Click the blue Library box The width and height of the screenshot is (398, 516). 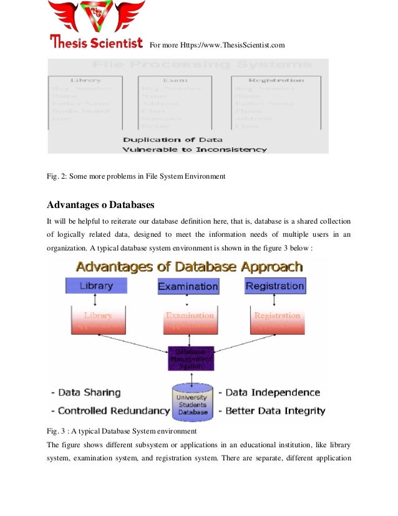pos(96,285)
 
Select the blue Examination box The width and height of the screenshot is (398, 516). pos(188,287)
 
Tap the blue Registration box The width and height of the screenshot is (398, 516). pos(274,286)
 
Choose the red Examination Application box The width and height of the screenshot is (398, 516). pos(190,320)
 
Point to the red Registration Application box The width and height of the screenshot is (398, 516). pos(277,320)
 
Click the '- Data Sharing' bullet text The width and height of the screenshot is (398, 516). pos(85,392)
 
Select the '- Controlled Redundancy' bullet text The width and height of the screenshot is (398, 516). pos(110,411)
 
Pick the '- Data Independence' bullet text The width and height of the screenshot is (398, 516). pos(269,392)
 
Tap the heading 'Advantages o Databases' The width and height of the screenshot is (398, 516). pos(100,204)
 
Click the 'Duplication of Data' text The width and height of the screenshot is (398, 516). pos(172,139)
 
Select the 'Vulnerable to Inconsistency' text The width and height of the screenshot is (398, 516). pos(195,150)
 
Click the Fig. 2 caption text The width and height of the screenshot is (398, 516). pos(136,177)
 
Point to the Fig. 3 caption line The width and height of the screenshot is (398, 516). pos(122,432)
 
